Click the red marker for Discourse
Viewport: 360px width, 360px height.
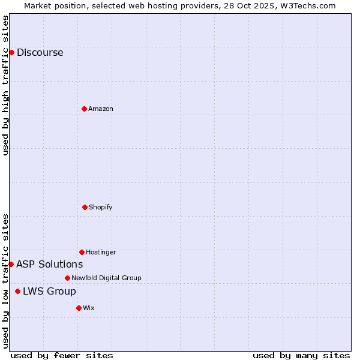[x=11, y=52]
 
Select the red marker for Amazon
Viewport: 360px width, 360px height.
[x=84, y=109]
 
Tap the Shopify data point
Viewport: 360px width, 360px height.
[x=85, y=207]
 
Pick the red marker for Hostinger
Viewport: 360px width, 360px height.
[x=82, y=252]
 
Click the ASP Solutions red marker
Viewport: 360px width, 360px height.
[x=11, y=264]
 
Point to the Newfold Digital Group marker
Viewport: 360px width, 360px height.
[x=67, y=278]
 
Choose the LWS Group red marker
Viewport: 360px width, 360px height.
[x=17, y=291]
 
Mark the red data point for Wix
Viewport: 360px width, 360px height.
[x=79, y=308]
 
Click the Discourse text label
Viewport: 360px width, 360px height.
[x=40, y=52]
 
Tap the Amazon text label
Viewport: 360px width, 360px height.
[x=101, y=109]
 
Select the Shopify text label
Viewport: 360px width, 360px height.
[x=101, y=207]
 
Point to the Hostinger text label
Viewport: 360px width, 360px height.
[x=101, y=252]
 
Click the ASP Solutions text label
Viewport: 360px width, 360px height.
[x=49, y=264]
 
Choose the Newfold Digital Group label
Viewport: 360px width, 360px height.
[x=106, y=278]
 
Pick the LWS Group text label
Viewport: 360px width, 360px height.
[x=49, y=291]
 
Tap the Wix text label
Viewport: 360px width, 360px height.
[x=89, y=308]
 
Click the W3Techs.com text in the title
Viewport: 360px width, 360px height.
[x=307, y=5]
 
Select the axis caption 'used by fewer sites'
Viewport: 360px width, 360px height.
[x=62, y=355]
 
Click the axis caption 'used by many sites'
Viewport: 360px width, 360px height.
[x=301, y=355]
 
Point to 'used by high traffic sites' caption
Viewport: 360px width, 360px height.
[x=5, y=85]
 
